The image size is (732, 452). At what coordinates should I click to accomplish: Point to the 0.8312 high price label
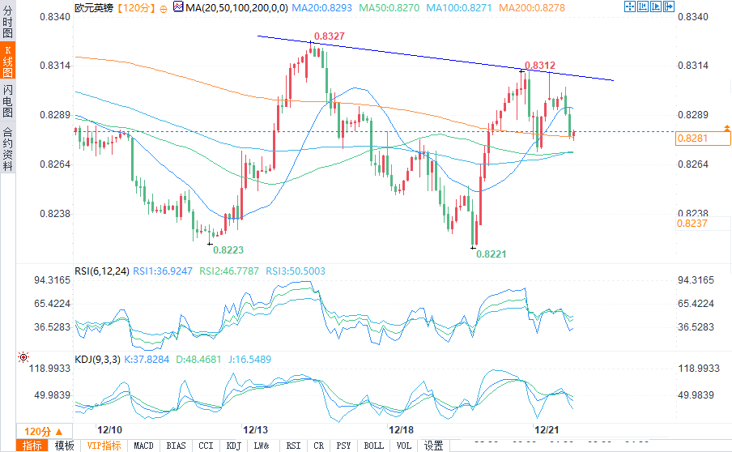pos(540,66)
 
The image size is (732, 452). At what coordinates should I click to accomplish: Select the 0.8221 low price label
pos(492,254)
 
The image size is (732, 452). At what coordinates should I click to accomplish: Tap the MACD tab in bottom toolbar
pos(143,446)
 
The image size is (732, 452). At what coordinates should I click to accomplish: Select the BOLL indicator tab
pos(373,446)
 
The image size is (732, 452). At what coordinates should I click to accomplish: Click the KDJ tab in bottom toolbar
pos(233,446)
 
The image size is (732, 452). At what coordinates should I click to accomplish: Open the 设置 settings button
pos(434,446)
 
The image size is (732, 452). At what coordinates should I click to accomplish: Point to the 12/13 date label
pos(257,429)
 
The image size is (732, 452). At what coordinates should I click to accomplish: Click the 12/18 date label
pos(402,429)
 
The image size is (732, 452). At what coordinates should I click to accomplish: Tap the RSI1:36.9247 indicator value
pos(163,271)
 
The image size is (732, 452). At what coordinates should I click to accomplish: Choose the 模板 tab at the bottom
pos(64,446)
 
